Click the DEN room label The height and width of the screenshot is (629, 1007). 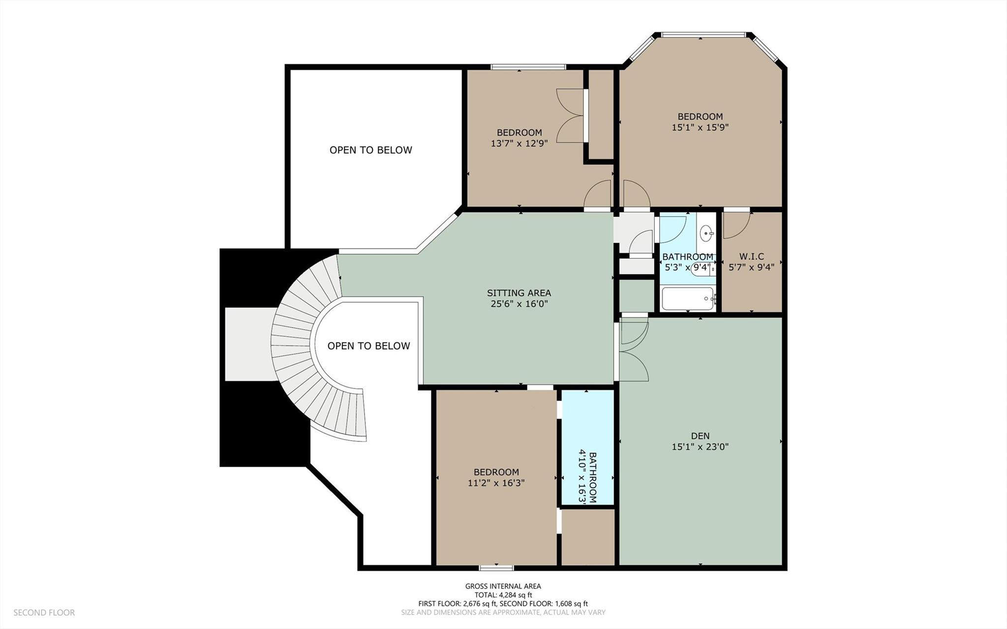(x=700, y=436)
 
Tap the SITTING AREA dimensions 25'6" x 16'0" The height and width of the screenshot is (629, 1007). (x=519, y=304)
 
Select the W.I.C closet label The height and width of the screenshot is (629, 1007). (x=751, y=256)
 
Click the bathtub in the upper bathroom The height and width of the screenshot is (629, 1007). (x=688, y=299)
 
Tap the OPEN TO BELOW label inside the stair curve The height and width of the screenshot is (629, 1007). (x=368, y=346)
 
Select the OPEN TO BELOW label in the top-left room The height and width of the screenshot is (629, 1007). (x=370, y=150)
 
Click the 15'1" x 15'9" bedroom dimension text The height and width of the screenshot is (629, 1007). (x=700, y=127)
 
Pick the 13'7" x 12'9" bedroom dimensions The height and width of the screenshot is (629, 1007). (x=519, y=144)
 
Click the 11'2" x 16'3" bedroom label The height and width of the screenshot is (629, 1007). (x=496, y=477)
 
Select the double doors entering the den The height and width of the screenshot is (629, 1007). (x=634, y=349)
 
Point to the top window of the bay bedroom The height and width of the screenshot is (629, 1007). (x=702, y=35)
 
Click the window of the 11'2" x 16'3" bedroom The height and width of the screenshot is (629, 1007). (x=496, y=568)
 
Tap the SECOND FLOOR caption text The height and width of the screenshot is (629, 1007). (x=44, y=613)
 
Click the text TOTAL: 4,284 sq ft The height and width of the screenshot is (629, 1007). (x=503, y=595)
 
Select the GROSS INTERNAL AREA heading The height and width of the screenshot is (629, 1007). (x=503, y=586)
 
